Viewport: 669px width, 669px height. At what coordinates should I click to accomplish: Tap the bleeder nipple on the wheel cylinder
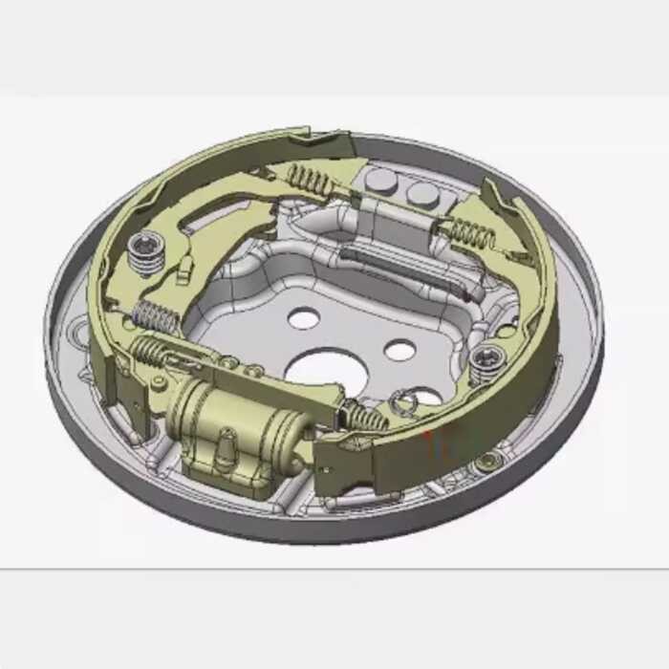(227, 443)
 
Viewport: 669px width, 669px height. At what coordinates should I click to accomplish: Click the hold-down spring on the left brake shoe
(146, 250)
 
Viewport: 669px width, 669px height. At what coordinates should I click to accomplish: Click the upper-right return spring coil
(470, 231)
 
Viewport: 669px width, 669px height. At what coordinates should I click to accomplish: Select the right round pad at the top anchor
(421, 194)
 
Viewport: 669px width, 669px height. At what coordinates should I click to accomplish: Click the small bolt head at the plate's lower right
(489, 461)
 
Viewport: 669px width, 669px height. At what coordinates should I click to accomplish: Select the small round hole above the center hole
(304, 318)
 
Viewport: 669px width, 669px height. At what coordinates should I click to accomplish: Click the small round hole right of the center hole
(399, 350)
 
